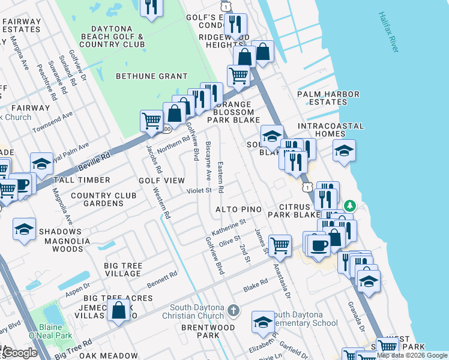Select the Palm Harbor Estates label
[328, 98]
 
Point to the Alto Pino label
[239, 209]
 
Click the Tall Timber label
[82, 180]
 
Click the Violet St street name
[200, 191]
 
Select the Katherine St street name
[229, 227]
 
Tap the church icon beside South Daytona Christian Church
[234, 311]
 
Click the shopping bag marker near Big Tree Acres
[119, 310]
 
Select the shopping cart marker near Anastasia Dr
[280, 245]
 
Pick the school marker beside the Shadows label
[25, 230]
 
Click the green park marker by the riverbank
[350, 206]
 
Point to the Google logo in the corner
[20, 353]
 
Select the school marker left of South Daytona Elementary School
[263, 322]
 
